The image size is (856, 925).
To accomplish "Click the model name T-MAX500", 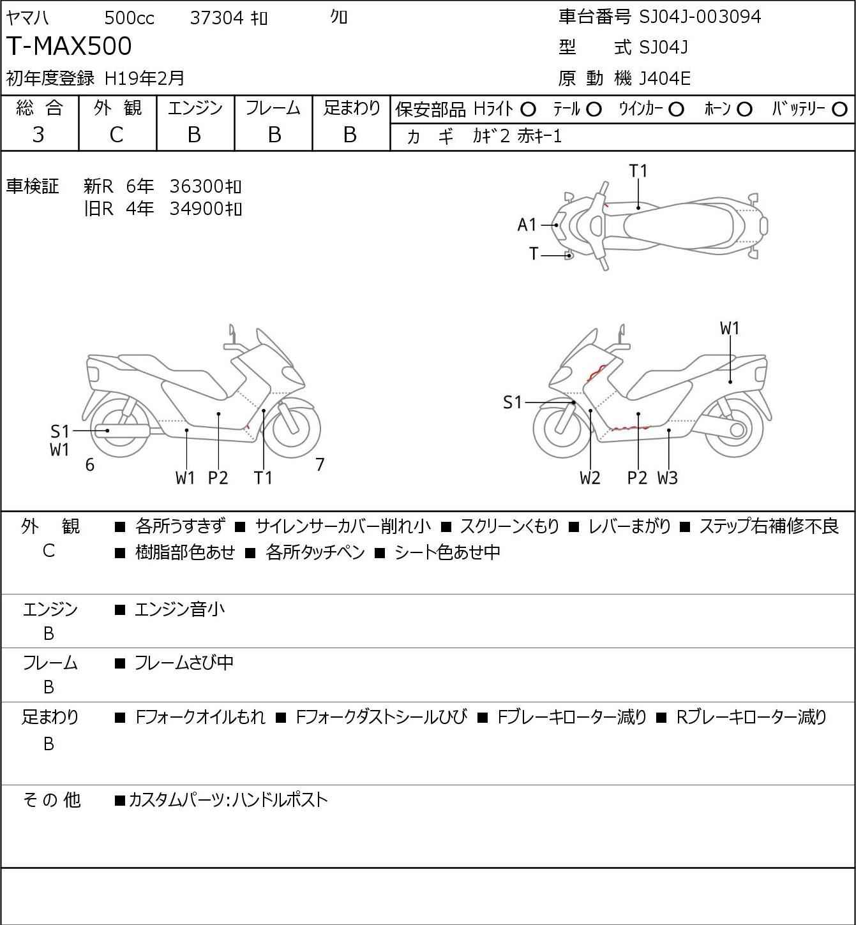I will [69, 47].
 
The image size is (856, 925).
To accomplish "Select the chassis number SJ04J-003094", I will [700, 17].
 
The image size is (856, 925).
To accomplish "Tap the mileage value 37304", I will [217, 18].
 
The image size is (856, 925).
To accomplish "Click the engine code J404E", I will [665, 78].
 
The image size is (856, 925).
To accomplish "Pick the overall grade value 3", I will [39, 135].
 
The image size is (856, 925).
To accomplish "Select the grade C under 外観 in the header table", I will [117, 135].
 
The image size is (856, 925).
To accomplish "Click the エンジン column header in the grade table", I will [195, 108].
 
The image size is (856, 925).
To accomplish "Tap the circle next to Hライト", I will [528, 110].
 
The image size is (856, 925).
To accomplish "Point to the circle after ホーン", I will [744, 110].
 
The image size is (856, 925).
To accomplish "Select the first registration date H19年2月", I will [145, 78].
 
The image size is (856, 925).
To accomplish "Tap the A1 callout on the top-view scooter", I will [527, 225].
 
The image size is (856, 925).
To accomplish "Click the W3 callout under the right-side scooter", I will [667, 478].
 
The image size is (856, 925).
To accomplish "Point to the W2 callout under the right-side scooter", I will [590, 478].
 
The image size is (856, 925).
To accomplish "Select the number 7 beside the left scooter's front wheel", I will [320, 465].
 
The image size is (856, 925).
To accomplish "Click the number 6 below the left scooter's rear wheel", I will [90, 465].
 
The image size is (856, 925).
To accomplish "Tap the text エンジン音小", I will [179, 610].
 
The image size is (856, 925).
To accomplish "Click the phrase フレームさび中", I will [184, 663].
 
